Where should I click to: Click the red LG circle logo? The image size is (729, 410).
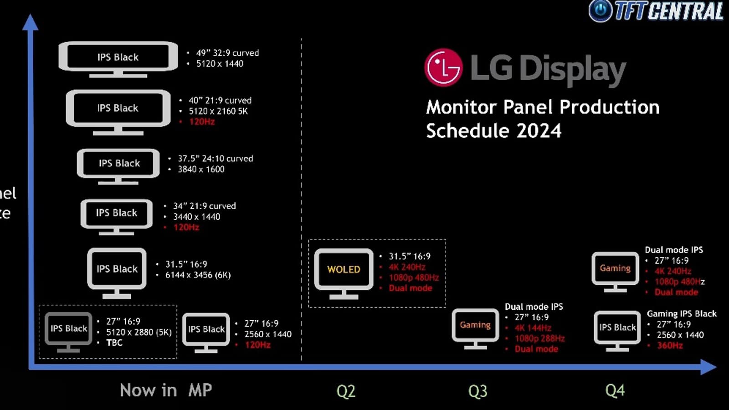[444, 67]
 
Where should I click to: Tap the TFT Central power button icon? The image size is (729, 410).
[601, 10]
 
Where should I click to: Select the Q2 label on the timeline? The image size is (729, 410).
[346, 391]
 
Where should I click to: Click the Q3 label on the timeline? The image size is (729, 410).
[477, 391]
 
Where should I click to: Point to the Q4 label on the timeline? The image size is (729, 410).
[615, 390]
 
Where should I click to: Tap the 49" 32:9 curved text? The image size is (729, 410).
[227, 53]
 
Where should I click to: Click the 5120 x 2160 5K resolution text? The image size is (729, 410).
[218, 111]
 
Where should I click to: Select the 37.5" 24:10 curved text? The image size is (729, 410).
[215, 159]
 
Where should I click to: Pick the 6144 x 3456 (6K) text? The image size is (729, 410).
[198, 275]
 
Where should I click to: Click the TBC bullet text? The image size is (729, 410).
[114, 343]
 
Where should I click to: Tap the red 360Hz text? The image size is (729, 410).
[670, 345]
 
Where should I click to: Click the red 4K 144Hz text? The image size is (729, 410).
[533, 328]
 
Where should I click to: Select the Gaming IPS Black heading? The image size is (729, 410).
[682, 313]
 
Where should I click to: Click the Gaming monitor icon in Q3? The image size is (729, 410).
[475, 329]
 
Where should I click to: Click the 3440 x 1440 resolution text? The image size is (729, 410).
[196, 217]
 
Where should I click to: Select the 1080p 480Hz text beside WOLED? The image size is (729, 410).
[414, 277]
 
